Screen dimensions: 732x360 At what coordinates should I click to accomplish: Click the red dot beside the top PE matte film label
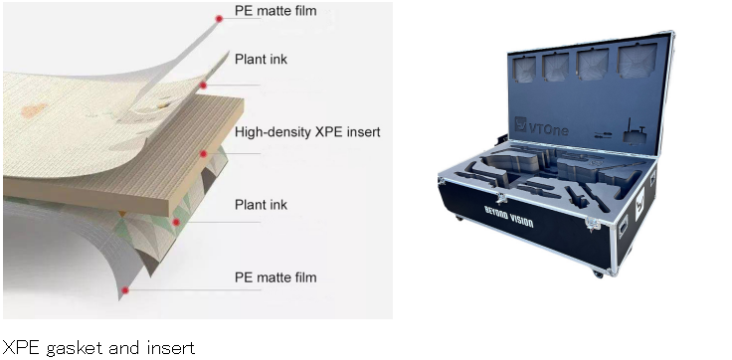(219, 19)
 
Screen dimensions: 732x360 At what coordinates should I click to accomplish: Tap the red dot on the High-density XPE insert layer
(203, 153)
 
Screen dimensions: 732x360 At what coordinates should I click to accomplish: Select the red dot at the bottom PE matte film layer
(125, 290)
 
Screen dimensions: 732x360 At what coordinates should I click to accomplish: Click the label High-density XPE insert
(307, 132)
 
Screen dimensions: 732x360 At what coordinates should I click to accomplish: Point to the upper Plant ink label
(261, 60)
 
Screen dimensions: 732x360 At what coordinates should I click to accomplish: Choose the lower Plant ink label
(261, 205)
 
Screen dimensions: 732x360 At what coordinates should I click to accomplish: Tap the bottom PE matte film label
(275, 277)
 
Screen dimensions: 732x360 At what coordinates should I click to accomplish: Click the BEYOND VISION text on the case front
(509, 216)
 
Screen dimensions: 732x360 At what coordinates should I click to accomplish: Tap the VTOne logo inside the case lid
(541, 126)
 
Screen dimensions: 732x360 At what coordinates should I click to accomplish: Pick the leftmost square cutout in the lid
(524, 69)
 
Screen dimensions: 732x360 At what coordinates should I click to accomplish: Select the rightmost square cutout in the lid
(638, 61)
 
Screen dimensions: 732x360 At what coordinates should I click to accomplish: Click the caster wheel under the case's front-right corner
(598, 274)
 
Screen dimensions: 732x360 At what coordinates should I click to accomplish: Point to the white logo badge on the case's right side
(640, 204)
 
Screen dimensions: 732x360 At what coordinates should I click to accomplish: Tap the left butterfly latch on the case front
(501, 198)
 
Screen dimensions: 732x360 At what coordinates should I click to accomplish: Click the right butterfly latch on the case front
(593, 225)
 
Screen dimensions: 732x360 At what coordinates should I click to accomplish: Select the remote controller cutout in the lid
(634, 130)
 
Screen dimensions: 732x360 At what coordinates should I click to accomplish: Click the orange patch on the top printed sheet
(34, 110)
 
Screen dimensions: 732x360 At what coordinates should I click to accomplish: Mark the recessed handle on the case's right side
(623, 227)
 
